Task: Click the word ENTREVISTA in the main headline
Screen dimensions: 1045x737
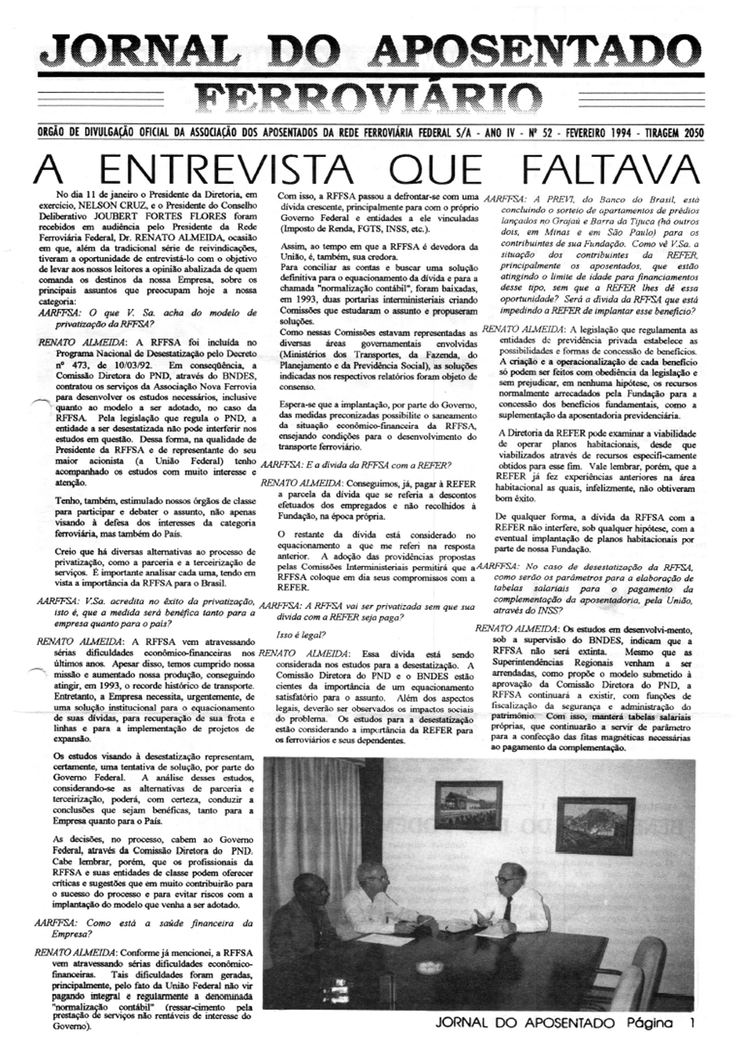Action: pyautogui.click(x=223, y=170)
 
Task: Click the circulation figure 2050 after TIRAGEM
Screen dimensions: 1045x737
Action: pyautogui.click(x=690, y=134)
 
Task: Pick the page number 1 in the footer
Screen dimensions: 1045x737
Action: pyautogui.click(x=691, y=1022)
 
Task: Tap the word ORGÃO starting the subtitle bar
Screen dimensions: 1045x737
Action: pyautogui.click(x=56, y=134)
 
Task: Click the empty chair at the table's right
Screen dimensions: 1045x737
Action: pyautogui.click(x=647, y=972)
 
